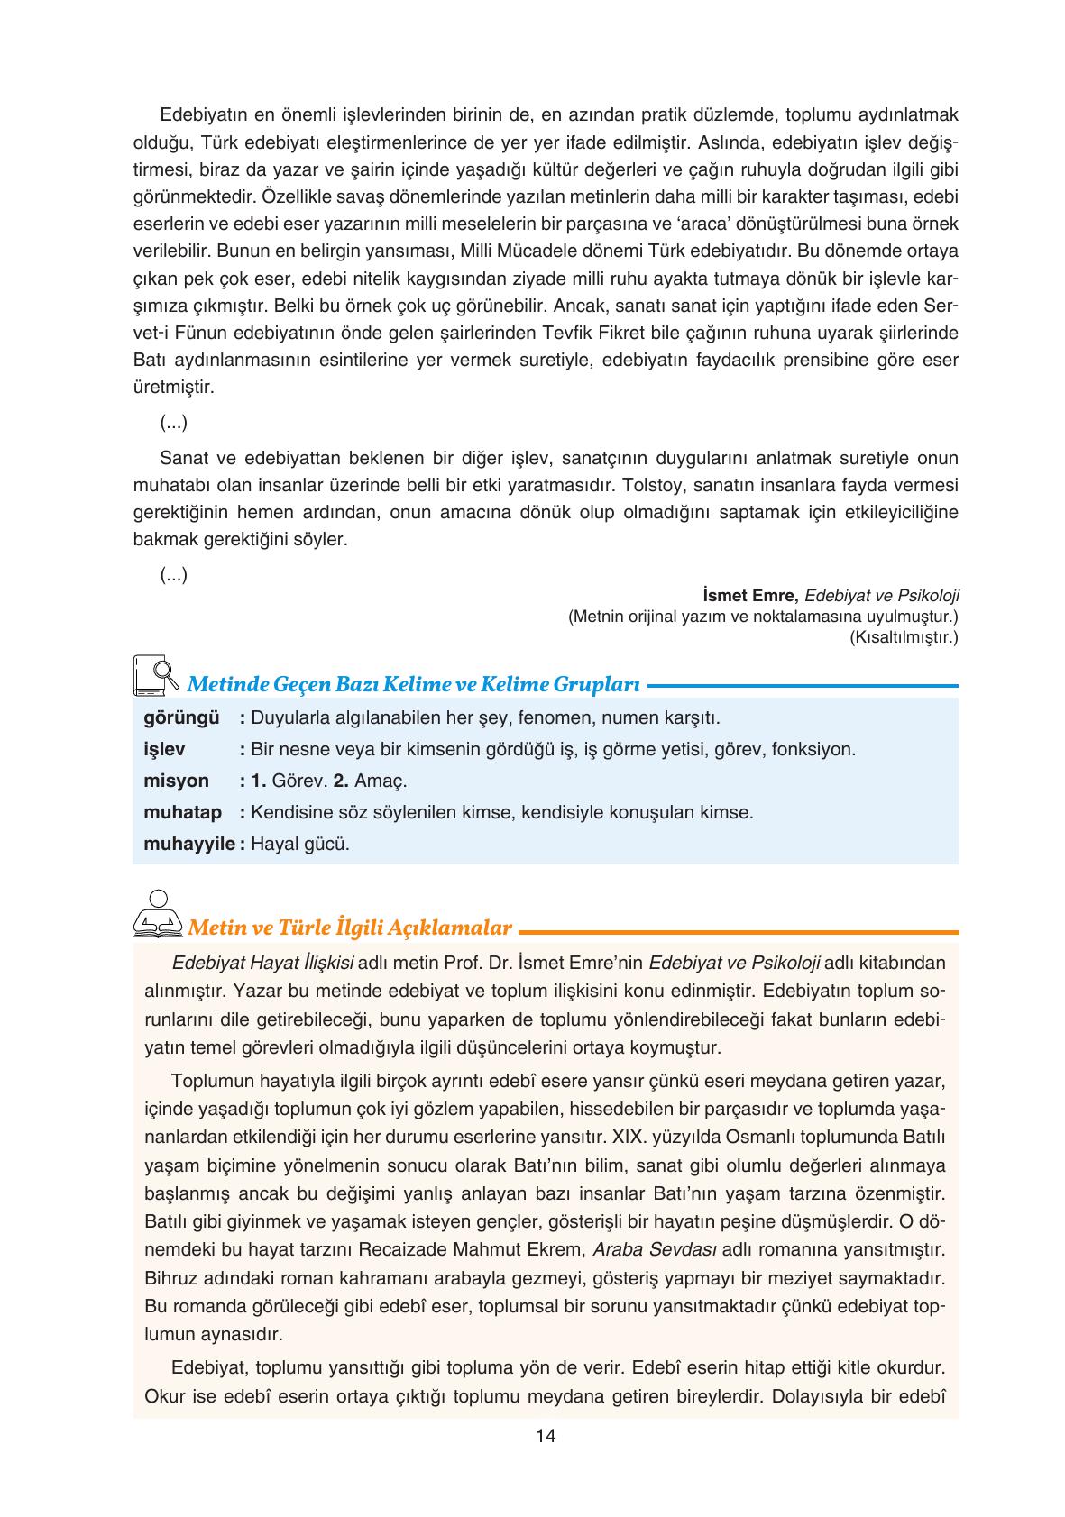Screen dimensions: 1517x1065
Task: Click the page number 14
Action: (x=545, y=1436)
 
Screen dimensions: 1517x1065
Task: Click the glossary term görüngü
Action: (x=181, y=718)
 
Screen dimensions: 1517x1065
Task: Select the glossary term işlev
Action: (x=164, y=749)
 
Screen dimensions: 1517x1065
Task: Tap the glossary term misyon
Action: (x=176, y=781)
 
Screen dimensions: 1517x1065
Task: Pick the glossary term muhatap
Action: (x=182, y=812)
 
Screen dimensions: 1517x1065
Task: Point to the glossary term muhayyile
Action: (x=188, y=844)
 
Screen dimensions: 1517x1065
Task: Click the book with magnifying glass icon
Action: (x=154, y=674)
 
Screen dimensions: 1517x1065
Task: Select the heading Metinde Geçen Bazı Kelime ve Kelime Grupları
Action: (x=413, y=684)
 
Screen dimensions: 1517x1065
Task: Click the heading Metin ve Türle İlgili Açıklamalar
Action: (x=349, y=927)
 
